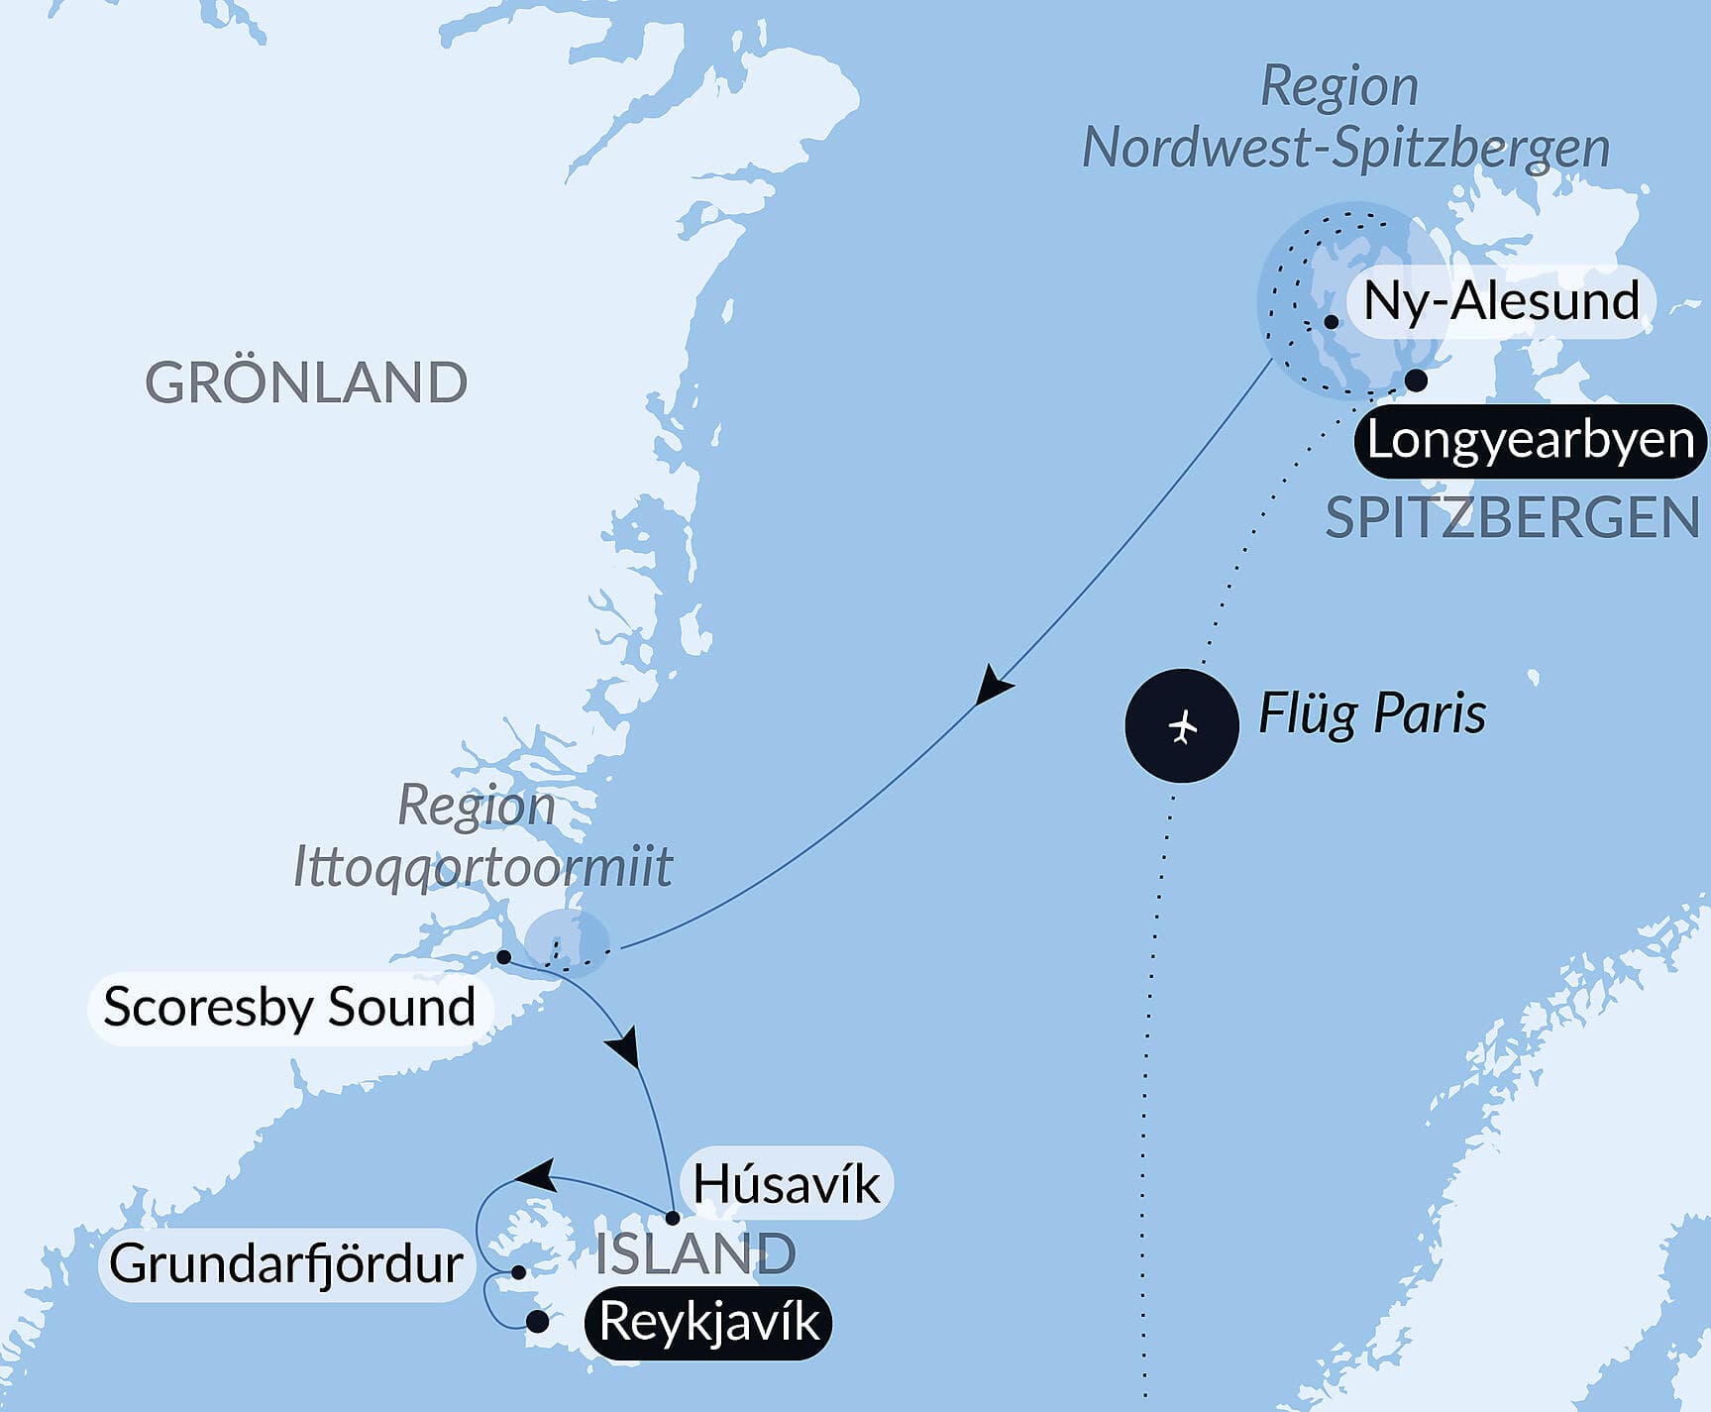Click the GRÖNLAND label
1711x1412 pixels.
coord(306,382)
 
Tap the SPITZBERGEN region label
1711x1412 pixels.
coord(1512,518)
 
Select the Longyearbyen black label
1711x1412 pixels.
coord(1530,440)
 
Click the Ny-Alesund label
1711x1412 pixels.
coord(1500,300)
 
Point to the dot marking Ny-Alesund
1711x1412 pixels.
coord(1332,322)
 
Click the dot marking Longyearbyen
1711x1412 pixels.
coord(1417,380)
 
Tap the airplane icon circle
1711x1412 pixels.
coord(1182,726)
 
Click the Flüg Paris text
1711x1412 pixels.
coord(1371,713)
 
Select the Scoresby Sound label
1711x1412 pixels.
coord(289,1008)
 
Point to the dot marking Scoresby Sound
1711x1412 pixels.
coord(503,957)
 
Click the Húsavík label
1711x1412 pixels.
coord(786,1183)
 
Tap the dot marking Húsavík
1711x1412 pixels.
coord(672,1218)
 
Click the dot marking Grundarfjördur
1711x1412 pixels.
coord(518,1271)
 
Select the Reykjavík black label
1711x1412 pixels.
coord(709,1322)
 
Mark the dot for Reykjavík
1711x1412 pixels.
coord(538,1322)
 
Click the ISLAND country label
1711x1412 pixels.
coord(695,1254)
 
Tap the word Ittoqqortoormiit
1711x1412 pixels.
coord(482,867)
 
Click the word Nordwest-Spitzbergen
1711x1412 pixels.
coord(1345,149)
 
